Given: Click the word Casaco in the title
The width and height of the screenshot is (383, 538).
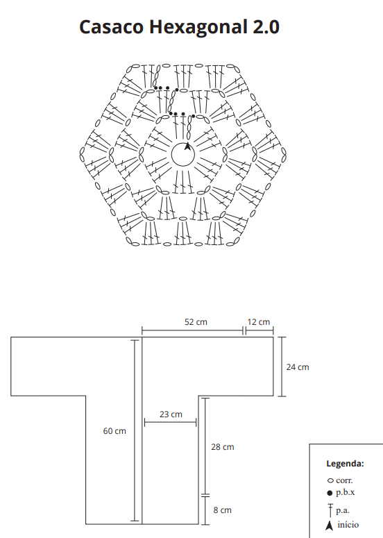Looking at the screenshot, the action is (x=111, y=27).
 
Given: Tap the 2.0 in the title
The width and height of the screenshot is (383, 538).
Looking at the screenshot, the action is (x=266, y=27).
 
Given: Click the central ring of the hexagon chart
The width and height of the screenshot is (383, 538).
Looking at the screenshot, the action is (x=182, y=167).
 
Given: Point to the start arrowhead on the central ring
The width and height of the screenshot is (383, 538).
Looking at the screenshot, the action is (x=187, y=146).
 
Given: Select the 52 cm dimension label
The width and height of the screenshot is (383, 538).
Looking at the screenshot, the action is (x=196, y=322).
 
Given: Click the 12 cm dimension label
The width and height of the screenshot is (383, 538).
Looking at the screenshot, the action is (x=259, y=322).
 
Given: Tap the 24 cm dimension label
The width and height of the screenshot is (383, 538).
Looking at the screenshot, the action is (x=298, y=367).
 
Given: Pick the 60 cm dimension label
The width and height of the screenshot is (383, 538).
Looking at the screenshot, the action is (x=114, y=431).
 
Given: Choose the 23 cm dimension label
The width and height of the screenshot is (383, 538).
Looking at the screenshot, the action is (x=171, y=414).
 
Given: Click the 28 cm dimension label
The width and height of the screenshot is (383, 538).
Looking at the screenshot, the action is (x=223, y=447).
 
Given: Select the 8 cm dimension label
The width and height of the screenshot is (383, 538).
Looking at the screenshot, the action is (x=223, y=510).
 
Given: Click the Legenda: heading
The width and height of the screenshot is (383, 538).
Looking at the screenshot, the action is (x=345, y=464).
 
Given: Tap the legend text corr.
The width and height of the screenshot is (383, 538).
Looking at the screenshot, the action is (x=344, y=480).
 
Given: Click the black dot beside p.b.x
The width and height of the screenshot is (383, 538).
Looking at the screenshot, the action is (x=330, y=493).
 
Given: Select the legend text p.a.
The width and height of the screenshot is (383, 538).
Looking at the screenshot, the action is (x=343, y=511).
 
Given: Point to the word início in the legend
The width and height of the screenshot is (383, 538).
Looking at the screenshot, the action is (x=348, y=525).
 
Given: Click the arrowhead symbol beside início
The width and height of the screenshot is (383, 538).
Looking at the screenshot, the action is (x=329, y=526).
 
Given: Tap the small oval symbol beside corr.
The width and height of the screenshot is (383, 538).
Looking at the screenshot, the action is (x=330, y=480).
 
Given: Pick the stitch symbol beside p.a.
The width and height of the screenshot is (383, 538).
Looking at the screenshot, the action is (x=330, y=510).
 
